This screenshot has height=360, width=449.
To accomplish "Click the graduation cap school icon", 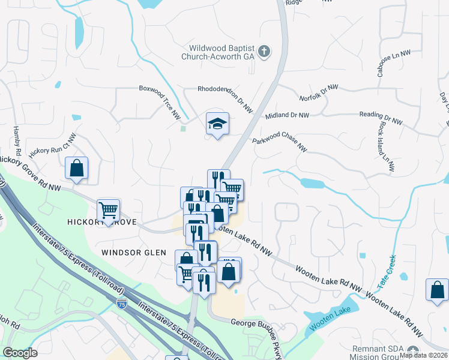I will [x=217, y=124].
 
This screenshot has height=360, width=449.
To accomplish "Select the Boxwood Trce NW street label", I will [x=160, y=100].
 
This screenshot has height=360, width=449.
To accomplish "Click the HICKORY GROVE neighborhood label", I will [x=102, y=223].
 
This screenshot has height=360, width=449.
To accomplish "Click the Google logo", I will [x=20, y=353].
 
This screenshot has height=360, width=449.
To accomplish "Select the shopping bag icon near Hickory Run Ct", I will [x=77, y=169].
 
